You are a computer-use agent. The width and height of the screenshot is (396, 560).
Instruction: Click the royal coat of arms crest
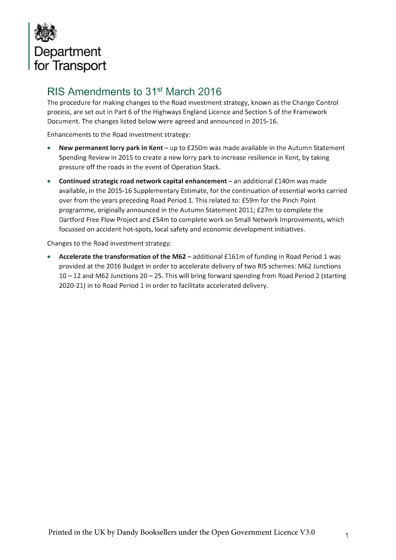click(45, 32)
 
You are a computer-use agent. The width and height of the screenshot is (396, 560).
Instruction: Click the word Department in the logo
click(68, 52)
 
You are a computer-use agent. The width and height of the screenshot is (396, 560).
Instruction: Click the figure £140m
click(285, 181)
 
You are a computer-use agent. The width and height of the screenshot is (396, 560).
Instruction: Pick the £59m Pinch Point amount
click(250, 200)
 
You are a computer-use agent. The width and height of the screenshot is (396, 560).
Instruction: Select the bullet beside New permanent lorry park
click(49, 148)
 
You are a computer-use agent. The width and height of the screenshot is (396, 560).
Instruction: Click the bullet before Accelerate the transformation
click(49, 257)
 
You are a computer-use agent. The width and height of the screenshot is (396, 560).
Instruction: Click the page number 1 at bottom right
click(347, 535)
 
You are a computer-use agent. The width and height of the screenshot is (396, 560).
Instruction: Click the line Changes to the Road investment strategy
click(109, 243)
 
